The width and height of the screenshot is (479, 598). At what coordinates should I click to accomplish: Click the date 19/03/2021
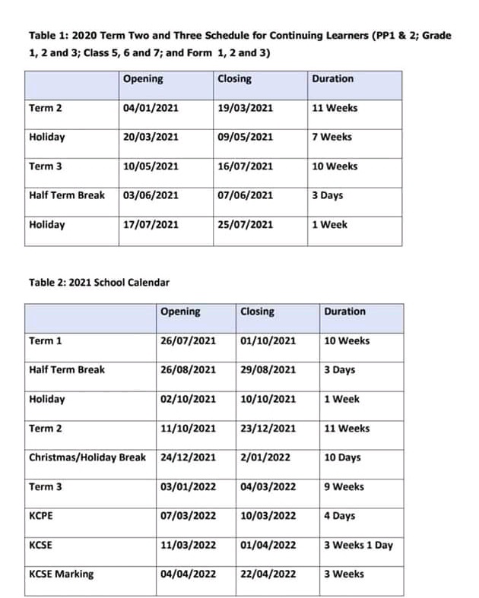click(245, 108)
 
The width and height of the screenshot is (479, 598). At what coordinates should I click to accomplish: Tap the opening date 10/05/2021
click(151, 166)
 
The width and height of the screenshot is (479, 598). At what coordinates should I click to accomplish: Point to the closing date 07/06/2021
click(245, 195)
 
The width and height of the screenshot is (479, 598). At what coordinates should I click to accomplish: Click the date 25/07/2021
click(245, 224)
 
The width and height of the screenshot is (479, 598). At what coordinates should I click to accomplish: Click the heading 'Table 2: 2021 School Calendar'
click(99, 283)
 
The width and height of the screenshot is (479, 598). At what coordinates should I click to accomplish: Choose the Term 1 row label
click(46, 340)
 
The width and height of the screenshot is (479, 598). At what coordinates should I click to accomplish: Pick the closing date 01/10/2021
click(268, 340)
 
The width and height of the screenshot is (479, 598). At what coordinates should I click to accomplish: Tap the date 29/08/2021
click(268, 370)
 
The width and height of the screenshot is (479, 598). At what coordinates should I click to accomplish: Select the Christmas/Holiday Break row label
click(87, 457)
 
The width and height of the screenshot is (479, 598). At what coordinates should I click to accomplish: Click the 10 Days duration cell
click(342, 457)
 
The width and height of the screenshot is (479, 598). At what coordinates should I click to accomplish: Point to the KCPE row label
click(41, 516)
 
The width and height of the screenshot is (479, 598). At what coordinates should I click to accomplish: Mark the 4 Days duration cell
click(339, 516)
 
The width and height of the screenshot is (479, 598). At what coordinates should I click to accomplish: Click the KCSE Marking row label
click(61, 574)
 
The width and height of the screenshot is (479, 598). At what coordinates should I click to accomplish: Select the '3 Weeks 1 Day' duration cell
click(358, 545)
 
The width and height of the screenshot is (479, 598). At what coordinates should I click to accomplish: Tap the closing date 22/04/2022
click(268, 574)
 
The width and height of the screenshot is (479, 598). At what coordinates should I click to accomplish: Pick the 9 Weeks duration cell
click(344, 487)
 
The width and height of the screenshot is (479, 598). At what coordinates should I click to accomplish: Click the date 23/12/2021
click(268, 429)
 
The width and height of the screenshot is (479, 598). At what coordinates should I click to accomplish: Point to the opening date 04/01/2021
click(151, 108)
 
